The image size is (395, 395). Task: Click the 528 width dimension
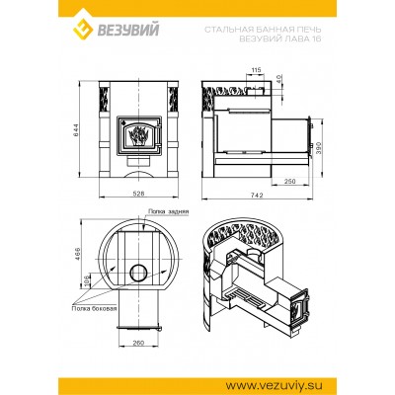coord(137,196)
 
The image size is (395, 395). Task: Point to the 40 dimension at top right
coord(279,79)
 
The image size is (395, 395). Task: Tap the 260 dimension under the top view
coord(136,343)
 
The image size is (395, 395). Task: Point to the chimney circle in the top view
coord(133,272)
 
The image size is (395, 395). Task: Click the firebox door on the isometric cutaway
coord(294,313)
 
